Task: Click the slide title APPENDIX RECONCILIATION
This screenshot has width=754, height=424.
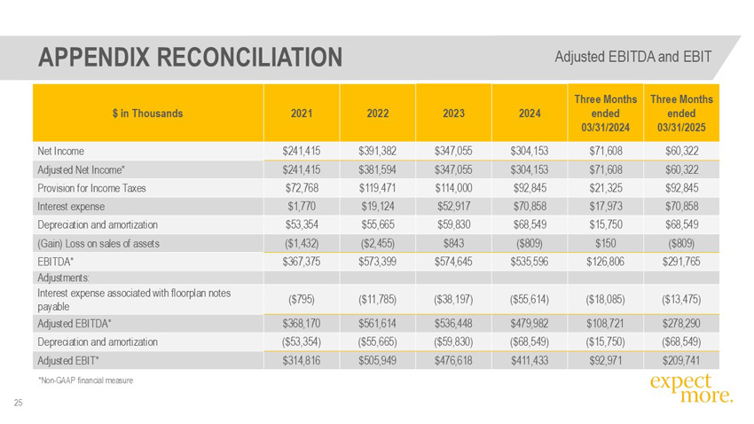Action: (191, 57)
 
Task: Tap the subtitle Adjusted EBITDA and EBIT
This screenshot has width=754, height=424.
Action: (632, 57)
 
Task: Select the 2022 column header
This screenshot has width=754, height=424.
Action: (378, 114)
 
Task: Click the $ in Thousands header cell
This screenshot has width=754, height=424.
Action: (147, 114)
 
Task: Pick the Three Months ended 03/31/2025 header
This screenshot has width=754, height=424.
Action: (681, 114)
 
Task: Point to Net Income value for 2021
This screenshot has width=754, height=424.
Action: (302, 151)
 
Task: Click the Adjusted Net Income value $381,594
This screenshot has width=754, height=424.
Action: (378, 169)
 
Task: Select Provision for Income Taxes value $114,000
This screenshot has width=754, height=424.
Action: (453, 188)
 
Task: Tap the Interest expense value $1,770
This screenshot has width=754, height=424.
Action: (302, 206)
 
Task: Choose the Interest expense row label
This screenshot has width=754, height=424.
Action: (71, 207)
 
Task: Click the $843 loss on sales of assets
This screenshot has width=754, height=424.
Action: (453, 243)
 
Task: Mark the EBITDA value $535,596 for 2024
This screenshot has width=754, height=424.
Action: (530, 262)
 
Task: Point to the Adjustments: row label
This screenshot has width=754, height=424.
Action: (64, 278)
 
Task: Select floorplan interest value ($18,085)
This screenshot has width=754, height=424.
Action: (605, 300)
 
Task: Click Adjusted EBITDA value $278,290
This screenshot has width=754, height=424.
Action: (681, 324)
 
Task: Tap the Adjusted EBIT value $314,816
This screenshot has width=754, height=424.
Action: (302, 360)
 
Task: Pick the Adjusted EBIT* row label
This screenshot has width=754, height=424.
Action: (68, 360)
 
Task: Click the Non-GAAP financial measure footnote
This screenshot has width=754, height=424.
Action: (85, 381)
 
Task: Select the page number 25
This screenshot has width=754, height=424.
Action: (19, 403)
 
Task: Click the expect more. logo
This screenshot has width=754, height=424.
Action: (692, 389)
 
